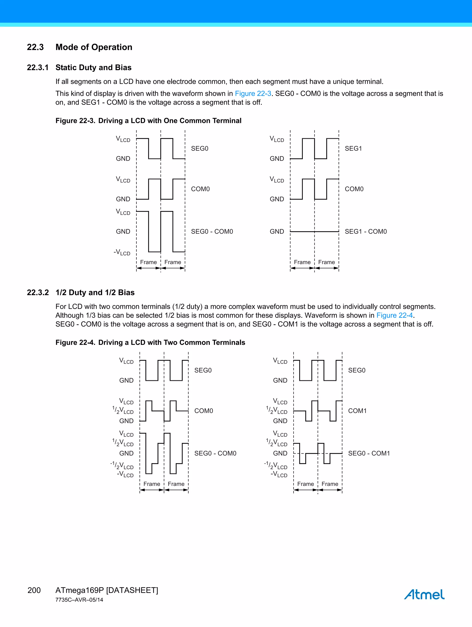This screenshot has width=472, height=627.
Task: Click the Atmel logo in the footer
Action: click(424, 594)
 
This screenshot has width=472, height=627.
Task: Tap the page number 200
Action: click(34, 590)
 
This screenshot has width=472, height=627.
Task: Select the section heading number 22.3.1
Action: click(38, 68)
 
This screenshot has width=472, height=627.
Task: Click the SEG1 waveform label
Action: click(353, 149)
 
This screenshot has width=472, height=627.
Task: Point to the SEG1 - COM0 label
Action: click(366, 232)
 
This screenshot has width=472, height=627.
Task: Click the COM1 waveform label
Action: click(357, 411)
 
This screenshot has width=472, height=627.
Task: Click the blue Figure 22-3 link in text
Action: click(253, 94)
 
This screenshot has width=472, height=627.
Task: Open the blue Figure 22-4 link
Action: click(394, 315)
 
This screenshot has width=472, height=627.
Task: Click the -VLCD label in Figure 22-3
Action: click(122, 252)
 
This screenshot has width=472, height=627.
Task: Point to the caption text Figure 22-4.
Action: click(75, 342)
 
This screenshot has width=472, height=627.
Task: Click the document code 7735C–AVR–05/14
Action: click(79, 600)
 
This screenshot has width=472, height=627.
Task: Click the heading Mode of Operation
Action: click(94, 47)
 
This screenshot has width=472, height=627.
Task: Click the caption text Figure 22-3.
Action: click(75, 121)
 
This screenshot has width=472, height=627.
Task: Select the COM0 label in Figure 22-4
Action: click(204, 411)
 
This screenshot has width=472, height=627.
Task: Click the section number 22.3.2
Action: click(38, 293)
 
